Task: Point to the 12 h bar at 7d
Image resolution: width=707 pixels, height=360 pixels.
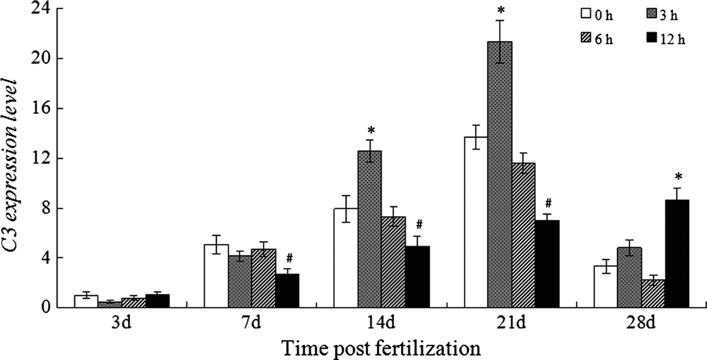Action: [287, 290]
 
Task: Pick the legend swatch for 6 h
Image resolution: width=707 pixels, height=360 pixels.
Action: [586, 40]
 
